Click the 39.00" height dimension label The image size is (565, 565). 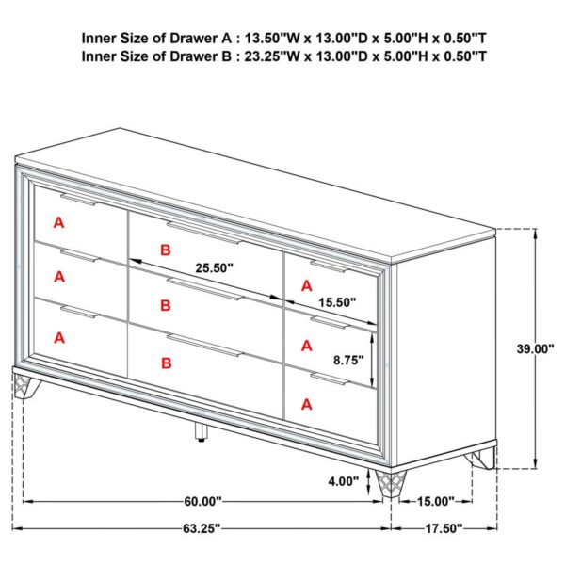535,348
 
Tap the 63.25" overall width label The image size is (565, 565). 202,528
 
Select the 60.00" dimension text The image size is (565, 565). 202,501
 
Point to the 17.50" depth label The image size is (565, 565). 444,528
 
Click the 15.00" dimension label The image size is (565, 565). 436,501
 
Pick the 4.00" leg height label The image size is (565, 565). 344,481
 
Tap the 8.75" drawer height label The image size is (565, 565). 348,360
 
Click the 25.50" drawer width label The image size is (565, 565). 215,267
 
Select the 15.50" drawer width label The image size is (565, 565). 337,302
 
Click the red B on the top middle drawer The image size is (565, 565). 166,250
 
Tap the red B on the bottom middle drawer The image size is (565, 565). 166,363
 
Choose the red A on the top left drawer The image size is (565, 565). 58,222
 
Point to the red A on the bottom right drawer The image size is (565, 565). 307,404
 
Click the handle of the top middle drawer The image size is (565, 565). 205,233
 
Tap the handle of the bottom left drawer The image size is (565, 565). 80,312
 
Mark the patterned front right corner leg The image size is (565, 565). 390,483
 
